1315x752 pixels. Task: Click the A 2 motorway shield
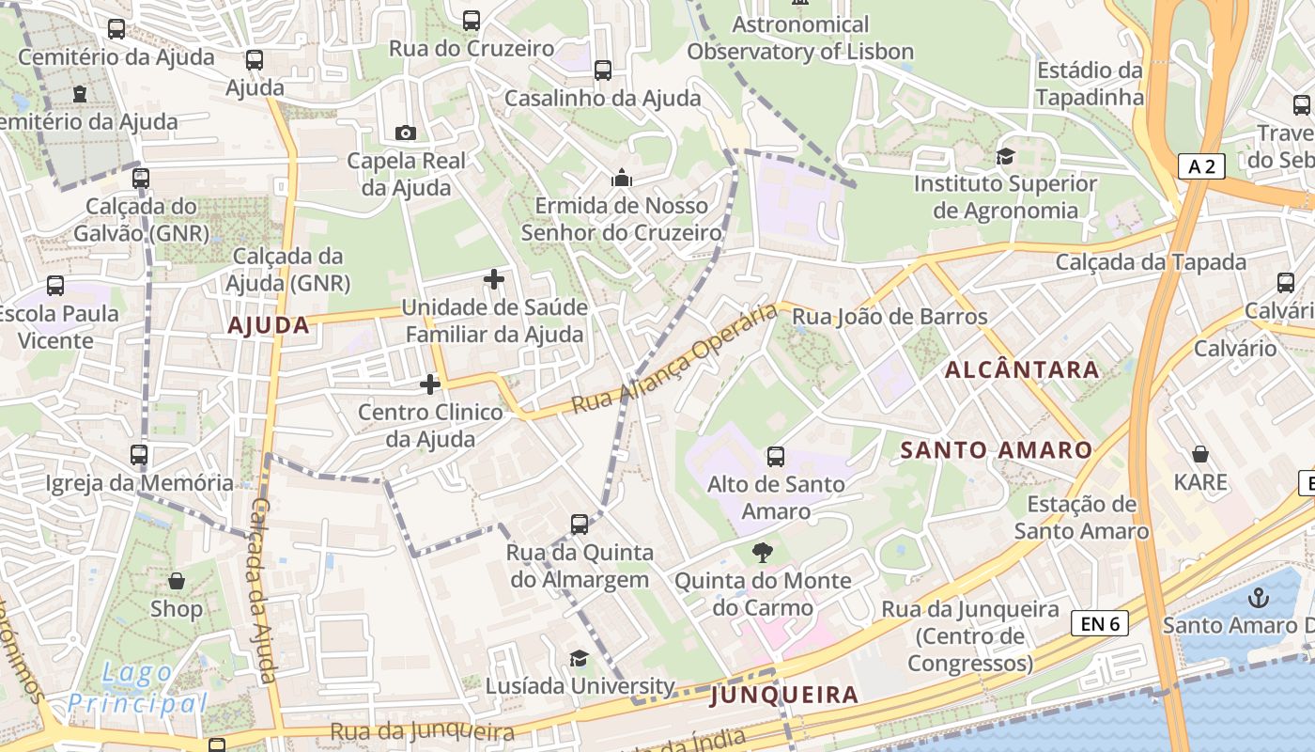click(x=1201, y=167)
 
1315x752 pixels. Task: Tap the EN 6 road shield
click(x=1100, y=623)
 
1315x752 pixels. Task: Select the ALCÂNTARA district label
click(x=1022, y=369)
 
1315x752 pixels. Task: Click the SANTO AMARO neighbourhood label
click(x=997, y=450)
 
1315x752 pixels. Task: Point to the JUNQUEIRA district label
click(x=784, y=695)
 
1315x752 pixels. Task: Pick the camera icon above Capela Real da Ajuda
click(x=406, y=133)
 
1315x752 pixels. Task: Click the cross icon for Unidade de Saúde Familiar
click(x=494, y=279)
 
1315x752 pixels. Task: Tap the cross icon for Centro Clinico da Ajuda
click(x=430, y=384)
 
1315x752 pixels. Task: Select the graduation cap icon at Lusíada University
click(x=580, y=658)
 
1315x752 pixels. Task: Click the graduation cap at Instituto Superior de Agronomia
click(x=1006, y=156)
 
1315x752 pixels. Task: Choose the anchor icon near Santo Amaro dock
click(x=1257, y=598)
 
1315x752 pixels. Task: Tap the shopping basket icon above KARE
click(x=1200, y=455)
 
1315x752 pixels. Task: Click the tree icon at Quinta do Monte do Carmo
click(x=763, y=553)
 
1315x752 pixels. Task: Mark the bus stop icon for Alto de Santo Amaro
click(x=776, y=457)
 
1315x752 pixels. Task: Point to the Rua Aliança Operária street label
click(x=674, y=360)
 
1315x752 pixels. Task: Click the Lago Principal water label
click(x=137, y=688)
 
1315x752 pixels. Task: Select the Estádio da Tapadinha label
click(x=1090, y=84)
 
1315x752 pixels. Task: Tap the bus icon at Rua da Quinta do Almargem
click(x=580, y=525)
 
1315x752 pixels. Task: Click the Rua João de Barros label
click(x=890, y=317)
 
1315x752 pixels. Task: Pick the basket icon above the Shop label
click(x=176, y=582)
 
